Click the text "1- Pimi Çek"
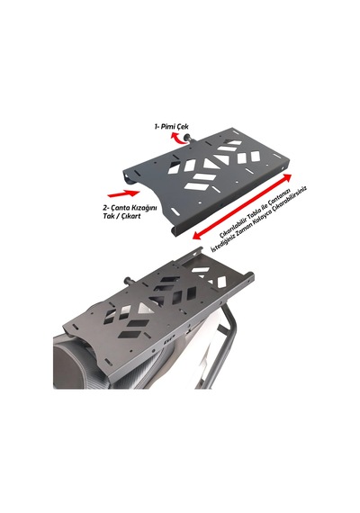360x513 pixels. (x=172, y=126)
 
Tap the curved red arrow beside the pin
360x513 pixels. (x=179, y=139)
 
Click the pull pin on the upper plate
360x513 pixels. (x=191, y=138)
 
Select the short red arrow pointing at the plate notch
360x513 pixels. (x=123, y=193)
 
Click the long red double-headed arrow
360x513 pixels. (x=242, y=207)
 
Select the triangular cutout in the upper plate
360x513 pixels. (x=209, y=164)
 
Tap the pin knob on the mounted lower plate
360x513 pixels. (x=128, y=281)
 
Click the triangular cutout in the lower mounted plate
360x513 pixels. (x=143, y=308)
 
